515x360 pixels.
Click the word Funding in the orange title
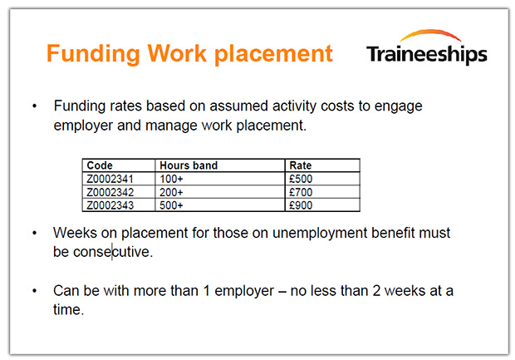click(93, 54)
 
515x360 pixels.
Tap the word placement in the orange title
click(273, 54)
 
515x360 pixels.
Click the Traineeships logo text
click(427, 55)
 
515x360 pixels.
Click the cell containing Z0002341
click(119, 179)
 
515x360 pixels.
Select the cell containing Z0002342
click(119, 192)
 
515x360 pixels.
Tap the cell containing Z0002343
click(119, 205)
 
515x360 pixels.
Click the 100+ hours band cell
click(220, 179)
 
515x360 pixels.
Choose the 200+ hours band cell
click(220, 192)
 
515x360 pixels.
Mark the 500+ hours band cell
click(220, 205)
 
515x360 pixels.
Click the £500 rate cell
click(322, 179)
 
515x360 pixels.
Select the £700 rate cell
click(322, 192)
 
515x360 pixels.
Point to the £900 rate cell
click(322, 205)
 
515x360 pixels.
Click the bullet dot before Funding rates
click(35, 106)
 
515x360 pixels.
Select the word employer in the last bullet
click(244, 292)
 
